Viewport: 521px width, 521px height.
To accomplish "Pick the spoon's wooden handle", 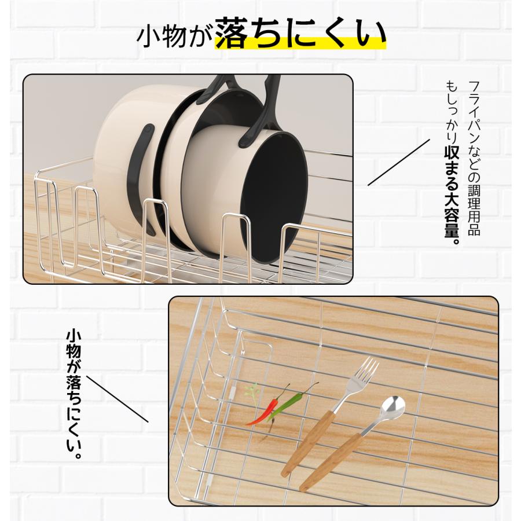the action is [330, 462].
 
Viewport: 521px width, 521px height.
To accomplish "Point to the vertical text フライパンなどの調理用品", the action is [474, 158].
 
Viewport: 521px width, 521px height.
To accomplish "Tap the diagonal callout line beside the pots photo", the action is [399, 162].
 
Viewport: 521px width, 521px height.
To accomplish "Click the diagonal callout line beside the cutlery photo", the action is [118, 399].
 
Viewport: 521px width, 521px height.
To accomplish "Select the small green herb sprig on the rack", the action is [252, 394].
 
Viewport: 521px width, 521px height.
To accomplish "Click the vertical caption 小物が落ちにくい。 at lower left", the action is [74, 394].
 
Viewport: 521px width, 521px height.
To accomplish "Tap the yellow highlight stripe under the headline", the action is [300, 43].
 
